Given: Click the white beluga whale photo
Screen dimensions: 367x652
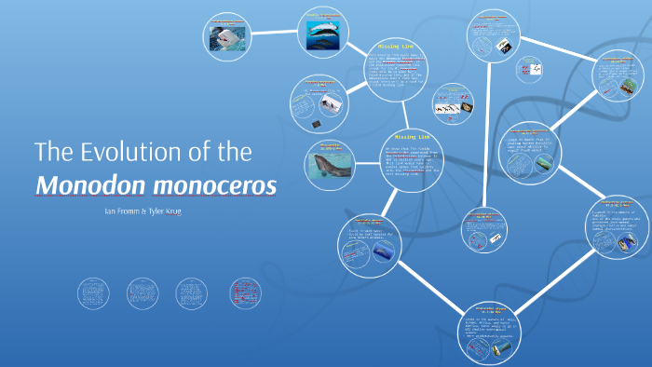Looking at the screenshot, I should coord(226,38).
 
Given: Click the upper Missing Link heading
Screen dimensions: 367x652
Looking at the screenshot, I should coord(389,47).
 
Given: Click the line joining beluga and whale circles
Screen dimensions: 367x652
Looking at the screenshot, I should coord(274,34).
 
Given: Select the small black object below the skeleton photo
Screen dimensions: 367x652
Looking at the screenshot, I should coord(319,124).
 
